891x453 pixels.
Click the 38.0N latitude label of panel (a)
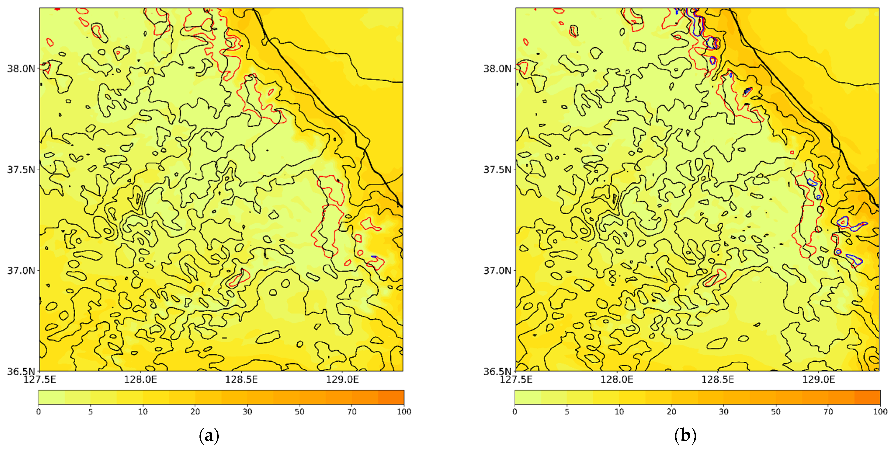(21, 68)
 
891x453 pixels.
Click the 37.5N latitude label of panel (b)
(497, 170)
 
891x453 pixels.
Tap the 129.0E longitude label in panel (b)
(818, 380)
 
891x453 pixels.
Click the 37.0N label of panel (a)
(21, 270)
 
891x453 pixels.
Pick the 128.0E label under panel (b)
(617, 380)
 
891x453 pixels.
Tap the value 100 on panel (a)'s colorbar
(404, 411)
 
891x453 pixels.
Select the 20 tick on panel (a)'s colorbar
(195, 411)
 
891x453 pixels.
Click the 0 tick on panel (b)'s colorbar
(515, 411)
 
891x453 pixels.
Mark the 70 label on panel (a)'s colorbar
(352, 411)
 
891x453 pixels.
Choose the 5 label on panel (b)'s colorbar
(567, 411)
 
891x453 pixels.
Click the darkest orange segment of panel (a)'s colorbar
(391, 397)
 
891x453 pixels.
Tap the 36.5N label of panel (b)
(497, 371)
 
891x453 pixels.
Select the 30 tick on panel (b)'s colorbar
(724, 411)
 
